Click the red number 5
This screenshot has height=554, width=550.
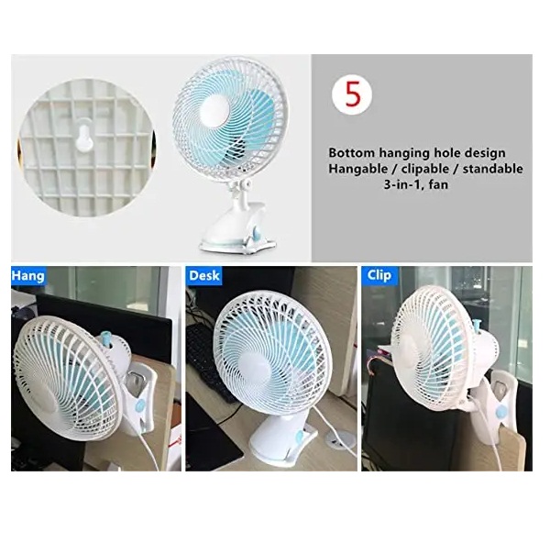(353, 94)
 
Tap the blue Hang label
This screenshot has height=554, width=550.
(27, 275)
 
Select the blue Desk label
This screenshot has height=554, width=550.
(203, 275)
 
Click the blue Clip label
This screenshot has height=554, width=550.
(379, 275)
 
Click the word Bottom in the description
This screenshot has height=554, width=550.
(352, 153)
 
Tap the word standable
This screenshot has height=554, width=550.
(492, 169)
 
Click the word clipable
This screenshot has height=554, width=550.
(425, 169)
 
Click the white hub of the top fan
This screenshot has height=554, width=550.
(214, 109)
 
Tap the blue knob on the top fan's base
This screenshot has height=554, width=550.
(258, 232)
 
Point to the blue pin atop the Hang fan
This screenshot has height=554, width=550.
(104, 338)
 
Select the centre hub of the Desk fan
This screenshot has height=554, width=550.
(254, 370)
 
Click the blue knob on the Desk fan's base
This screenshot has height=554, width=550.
(301, 436)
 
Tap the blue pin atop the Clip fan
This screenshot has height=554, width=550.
(478, 326)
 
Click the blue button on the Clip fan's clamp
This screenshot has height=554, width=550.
(500, 412)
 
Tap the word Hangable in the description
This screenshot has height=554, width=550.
(357, 170)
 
